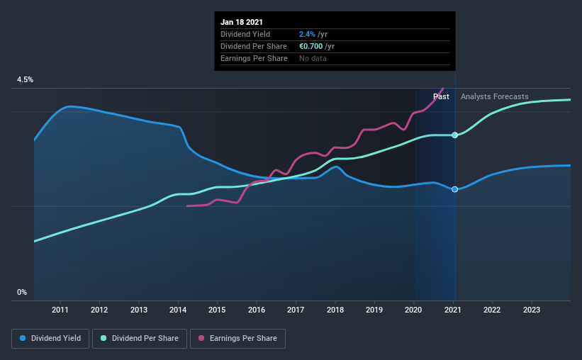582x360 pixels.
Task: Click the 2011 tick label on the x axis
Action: point(60,310)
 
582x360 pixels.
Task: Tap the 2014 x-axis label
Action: point(178,310)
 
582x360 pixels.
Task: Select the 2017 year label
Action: point(296,310)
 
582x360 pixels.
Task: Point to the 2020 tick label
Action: point(413,310)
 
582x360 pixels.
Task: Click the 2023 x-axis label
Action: point(532,310)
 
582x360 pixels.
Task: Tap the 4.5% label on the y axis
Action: point(26,80)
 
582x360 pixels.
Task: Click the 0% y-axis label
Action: point(22,292)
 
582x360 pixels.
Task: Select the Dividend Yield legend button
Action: point(51,339)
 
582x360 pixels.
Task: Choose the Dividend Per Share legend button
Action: point(142,339)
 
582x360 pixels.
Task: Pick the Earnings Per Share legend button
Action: point(237,339)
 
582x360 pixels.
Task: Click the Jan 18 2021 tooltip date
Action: point(242,21)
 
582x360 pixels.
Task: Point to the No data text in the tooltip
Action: point(313,58)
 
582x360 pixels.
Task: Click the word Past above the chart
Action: point(441,96)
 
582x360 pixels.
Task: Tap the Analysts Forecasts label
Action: point(494,96)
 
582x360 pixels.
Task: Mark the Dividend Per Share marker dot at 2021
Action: point(454,135)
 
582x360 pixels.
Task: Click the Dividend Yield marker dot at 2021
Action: point(454,189)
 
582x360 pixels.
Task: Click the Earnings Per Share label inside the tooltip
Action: point(254,58)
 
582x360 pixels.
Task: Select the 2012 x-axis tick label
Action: point(99,310)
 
